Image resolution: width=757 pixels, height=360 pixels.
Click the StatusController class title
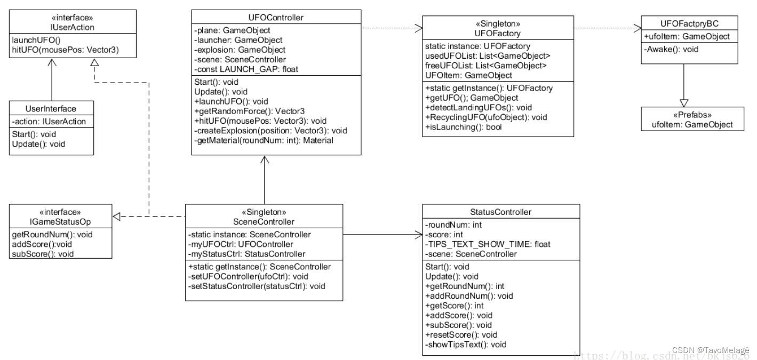coord(501,212)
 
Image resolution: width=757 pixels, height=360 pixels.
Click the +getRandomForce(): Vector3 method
coord(250,111)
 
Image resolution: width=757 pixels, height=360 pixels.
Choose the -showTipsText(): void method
coord(465,345)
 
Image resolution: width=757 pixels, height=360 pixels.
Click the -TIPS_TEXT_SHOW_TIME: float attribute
coord(488,244)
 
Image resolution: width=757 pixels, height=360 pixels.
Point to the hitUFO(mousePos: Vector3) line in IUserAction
coord(65,50)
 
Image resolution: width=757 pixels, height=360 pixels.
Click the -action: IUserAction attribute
coord(49,122)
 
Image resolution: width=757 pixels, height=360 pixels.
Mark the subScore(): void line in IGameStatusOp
coord(42,253)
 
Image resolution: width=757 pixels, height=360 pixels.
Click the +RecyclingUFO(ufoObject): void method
coord(479,117)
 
